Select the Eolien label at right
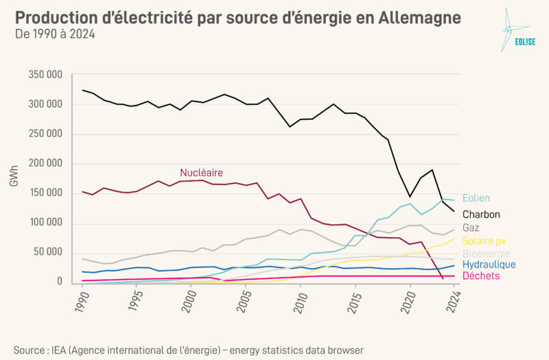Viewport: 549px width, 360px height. pyautogui.click(x=476, y=198)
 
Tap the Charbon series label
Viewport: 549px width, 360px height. pyautogui.click(x=481, y=214)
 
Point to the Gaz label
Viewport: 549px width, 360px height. pyautogui.click(x=471, y=227)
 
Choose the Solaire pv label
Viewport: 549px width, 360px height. pyautogui.click(x=485, y=241)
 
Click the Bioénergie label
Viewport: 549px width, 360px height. pyautogui.click(x=487, y=254)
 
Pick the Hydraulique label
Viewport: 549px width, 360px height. pyautogui.click(x=489, y=265)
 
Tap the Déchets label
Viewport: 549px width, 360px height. pyautogui.click(x=481, y=276)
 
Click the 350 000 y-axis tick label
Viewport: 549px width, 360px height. pyautogui.click(x=45, y=74)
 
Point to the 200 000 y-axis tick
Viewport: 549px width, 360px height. pyautogui.click(x=45, y=163)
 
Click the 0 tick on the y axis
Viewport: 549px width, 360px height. pyautogui.click(x=60, y=282)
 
